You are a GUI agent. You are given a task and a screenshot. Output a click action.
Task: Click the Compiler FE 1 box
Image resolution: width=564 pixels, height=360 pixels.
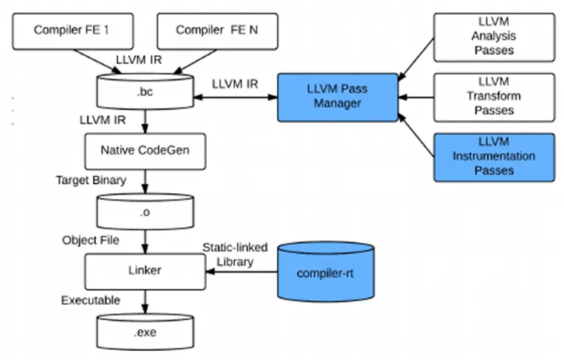coord(72,31)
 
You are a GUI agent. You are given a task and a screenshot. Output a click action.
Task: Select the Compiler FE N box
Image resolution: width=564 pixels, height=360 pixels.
coord(217,31)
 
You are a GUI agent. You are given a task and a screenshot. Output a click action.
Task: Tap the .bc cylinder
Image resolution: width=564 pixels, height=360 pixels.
coord(145,91)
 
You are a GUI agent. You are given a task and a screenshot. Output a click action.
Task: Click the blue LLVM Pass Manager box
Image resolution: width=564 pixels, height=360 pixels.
coord(337,97)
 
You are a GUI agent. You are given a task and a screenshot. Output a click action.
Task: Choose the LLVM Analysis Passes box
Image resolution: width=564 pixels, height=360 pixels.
coord(495,38)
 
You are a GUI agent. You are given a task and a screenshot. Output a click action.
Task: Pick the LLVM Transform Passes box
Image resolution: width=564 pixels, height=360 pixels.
coord(495,97)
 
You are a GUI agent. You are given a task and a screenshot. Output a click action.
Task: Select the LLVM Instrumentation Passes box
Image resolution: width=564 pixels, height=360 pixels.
coord(495,158)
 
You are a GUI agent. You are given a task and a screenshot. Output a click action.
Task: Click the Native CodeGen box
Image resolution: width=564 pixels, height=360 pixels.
coord(145,152)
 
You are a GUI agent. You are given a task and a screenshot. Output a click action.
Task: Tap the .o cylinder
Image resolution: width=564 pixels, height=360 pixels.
coord(145,211)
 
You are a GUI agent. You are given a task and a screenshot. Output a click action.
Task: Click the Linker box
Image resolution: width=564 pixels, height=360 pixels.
coord(145,272)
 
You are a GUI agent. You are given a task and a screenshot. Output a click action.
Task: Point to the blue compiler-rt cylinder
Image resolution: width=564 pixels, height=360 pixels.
coord(325,272)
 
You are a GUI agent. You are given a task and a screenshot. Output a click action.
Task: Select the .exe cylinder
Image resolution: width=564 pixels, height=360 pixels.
coord(145,331)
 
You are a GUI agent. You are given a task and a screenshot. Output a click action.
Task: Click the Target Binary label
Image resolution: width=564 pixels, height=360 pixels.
coord(91,180)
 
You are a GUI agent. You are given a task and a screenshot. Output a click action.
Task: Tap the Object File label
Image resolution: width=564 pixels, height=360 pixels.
coord(91,240)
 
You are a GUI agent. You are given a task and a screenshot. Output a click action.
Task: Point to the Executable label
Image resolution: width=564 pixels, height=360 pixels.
coord(91,300)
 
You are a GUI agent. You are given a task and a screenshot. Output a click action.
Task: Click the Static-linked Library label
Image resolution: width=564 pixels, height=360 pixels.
coord(235,254)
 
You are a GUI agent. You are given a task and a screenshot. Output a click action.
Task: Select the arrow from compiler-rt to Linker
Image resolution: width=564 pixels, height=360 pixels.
coord(242,272)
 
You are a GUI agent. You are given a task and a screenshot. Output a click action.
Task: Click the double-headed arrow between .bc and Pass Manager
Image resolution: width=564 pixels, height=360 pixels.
coord(236,97)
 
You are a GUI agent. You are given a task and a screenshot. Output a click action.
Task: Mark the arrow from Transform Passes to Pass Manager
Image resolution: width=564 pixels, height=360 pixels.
coord(416,97)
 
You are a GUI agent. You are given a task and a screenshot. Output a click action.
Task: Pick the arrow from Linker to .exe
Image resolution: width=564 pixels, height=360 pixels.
coord(145,302)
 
